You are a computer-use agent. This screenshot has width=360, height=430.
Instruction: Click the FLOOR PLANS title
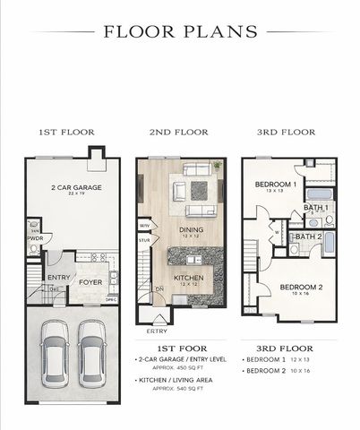point(180,31)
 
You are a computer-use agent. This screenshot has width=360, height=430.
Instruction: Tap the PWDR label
point(35,239)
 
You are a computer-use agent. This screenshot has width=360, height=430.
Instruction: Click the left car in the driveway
point(54,351)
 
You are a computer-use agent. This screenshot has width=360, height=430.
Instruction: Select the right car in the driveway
point(92,351)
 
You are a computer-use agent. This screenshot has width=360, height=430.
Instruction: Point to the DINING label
point(189,230)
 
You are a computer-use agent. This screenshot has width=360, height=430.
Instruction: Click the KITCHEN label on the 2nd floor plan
point(189,279)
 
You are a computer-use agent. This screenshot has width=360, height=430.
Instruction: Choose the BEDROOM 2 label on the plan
point(295,287)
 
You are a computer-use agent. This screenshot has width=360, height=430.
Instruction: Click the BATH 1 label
point(316,208)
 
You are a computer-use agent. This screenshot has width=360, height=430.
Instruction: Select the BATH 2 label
point(309,236)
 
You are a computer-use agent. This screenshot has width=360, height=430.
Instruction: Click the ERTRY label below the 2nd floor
point(157,331)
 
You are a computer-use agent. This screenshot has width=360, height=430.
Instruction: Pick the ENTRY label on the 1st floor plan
point(59,278)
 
